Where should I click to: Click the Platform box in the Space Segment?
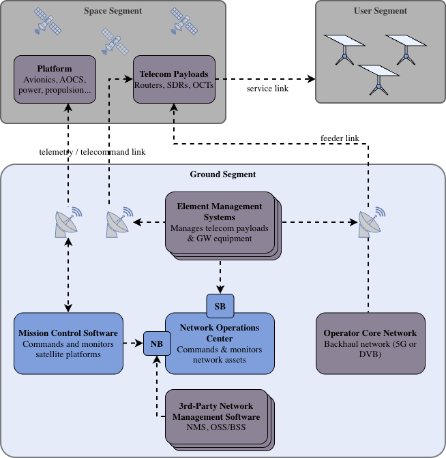click(55, 79)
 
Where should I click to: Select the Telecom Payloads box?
click(174, 79)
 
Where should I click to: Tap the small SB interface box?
click(220, 306)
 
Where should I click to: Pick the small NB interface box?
click(157, 343)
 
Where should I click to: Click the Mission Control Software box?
click(68, 343)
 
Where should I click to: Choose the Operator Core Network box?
click(370, 343)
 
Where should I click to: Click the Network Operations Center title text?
click(220, 333)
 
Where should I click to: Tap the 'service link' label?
click(267, 89)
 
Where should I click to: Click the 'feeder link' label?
click(340, 138)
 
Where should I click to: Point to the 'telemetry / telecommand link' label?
click(92, 152)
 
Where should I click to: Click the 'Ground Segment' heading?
click(223, 174)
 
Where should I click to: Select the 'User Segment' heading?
click(381, 11)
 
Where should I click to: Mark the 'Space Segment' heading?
click(113, 11)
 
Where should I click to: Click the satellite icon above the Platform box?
click(48, 21)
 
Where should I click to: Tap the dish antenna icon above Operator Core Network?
click(371, 222)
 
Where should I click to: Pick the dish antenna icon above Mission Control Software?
click(68, 222)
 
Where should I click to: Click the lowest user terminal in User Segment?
click(378, 80)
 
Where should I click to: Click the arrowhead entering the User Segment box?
click(311, 79)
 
